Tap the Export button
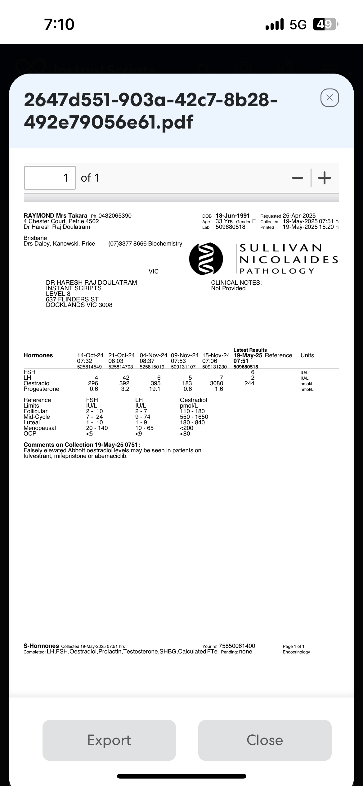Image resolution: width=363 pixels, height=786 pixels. tap(109, 740)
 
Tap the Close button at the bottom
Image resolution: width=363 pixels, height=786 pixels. tap(265, 740)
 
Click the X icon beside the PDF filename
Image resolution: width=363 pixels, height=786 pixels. tap(329, 98)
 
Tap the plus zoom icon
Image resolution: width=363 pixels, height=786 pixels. tap(325, 178)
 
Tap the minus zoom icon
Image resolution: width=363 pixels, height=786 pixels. tap(297, 178)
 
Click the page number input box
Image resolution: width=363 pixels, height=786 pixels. tap(50, 178)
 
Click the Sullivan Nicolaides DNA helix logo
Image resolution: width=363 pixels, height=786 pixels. tap(206, 259)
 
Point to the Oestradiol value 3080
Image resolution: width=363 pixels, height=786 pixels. tap(217, 383)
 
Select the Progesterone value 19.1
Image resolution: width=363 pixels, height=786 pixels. tap(155, 389)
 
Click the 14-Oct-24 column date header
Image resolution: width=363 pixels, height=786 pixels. tap(90, 355)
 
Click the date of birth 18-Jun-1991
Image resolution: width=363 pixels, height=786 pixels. tap(233, 216)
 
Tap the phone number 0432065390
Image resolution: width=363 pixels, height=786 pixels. tap(115, 216)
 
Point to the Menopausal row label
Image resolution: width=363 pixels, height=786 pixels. tap(40, 428)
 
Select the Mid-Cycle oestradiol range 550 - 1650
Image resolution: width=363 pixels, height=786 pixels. tap(194, 417)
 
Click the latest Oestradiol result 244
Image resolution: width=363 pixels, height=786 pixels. tap(249, 383)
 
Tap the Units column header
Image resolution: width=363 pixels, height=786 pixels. tap(307, 355)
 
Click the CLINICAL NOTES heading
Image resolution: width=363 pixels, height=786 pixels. tap(236, 283)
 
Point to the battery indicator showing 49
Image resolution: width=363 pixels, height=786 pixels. tap(325, 25)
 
